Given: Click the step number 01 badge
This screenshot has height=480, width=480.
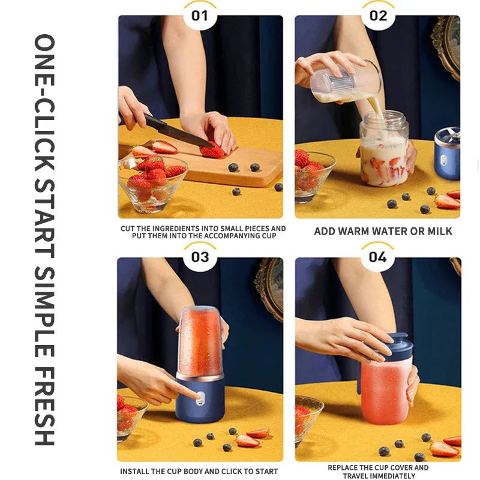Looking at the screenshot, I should click(200, 15).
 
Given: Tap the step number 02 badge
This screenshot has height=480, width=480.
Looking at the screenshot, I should click(379, 15).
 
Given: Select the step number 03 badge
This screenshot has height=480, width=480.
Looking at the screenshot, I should click(200, 257).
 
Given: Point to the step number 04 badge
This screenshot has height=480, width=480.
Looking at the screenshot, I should click(378, 257).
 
